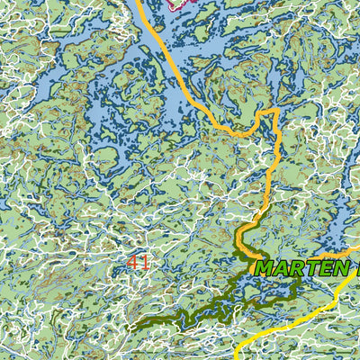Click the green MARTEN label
(301, 268)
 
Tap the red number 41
(139, 263)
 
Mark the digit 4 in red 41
(133, 263)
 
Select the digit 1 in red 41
(145, 263)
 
